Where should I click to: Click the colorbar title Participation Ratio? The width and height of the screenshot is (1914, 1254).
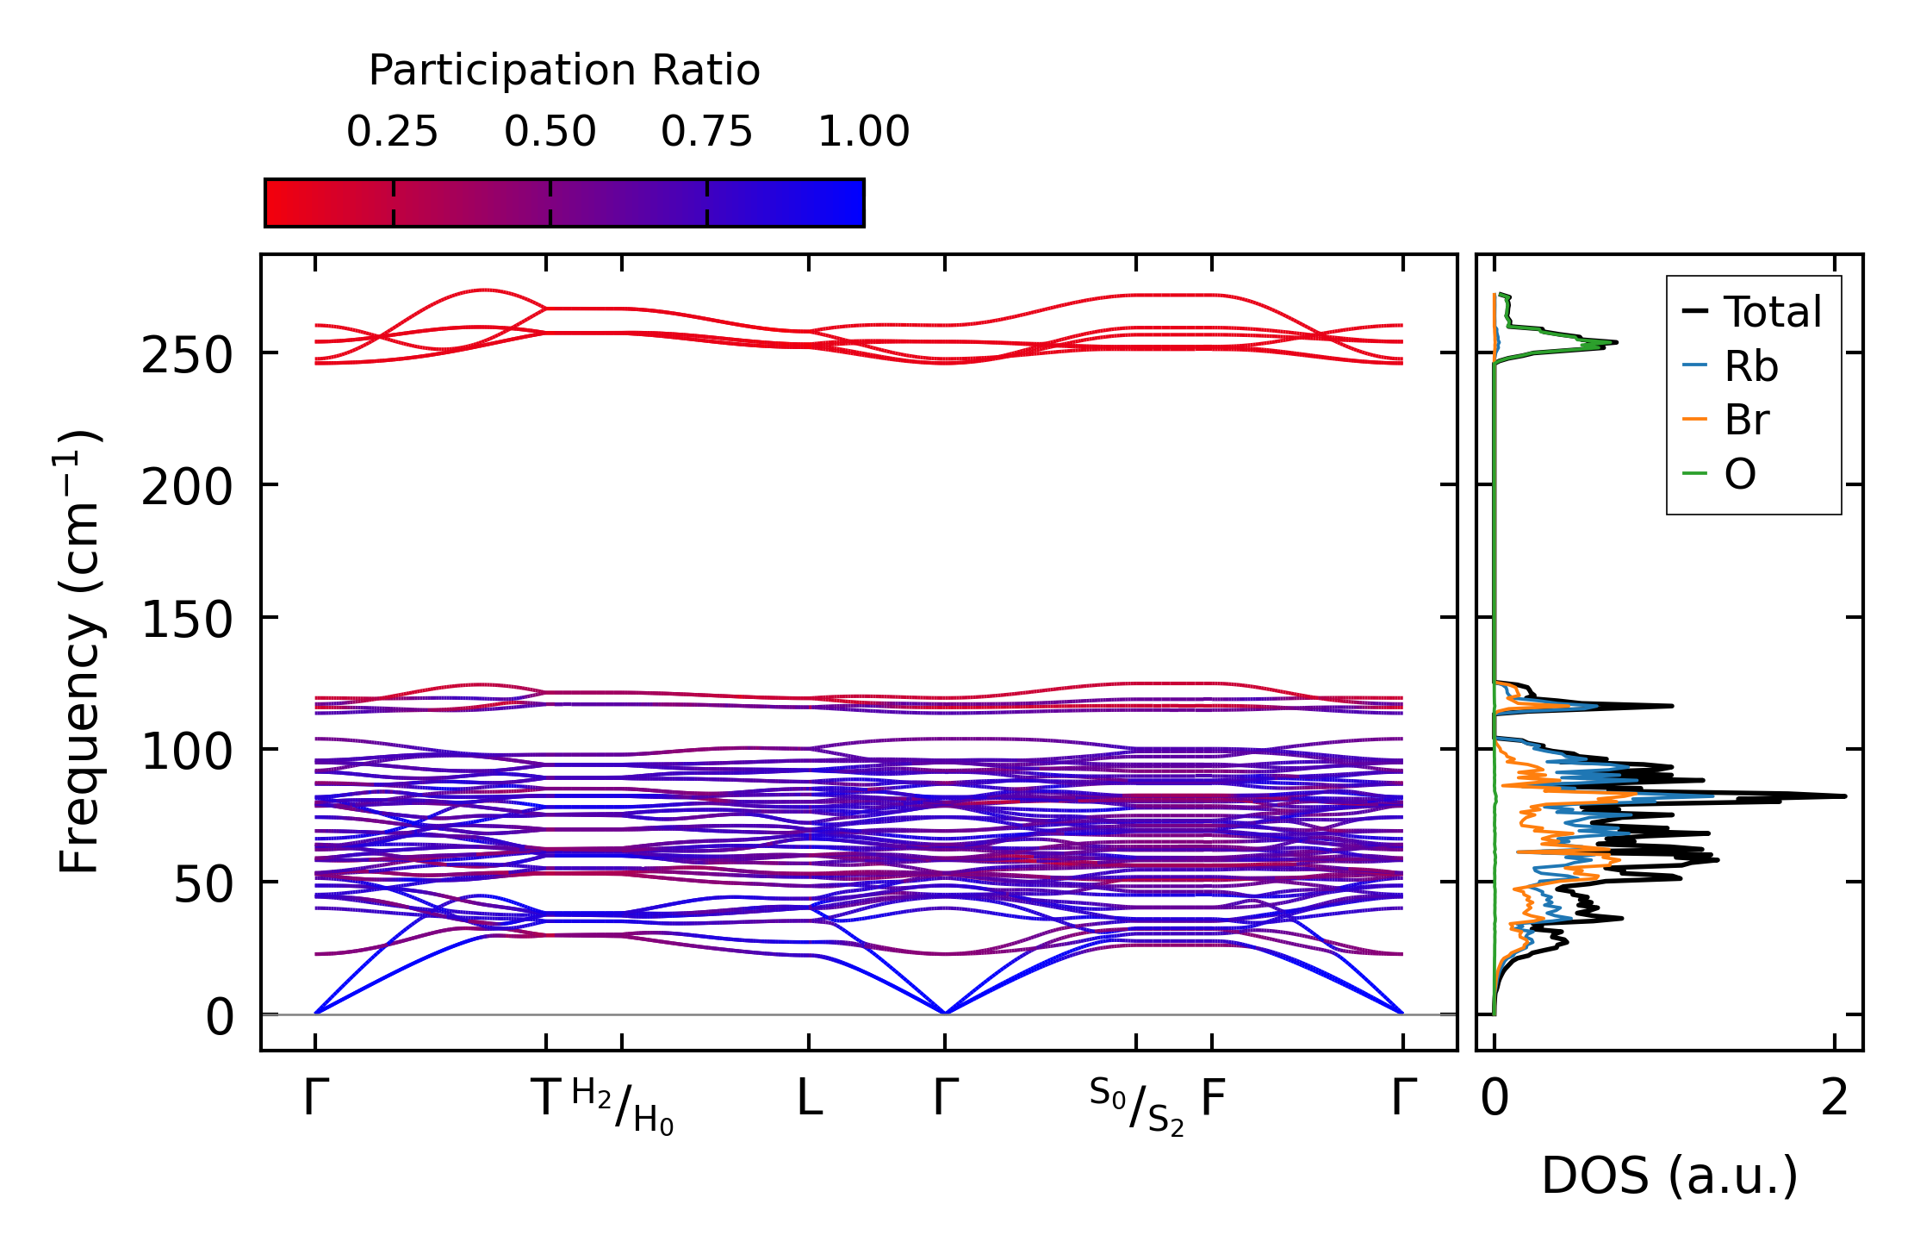564,71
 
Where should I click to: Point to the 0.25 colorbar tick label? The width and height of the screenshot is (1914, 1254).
392,133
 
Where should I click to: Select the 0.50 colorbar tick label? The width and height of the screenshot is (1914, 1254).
550,133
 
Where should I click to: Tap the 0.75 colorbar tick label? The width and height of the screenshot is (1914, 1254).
706,133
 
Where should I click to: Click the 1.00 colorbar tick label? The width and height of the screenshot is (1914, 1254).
863,133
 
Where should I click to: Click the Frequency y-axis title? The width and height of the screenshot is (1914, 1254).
80,652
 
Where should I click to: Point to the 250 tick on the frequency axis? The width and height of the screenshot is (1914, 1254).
187,354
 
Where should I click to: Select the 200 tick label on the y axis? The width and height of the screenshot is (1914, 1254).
187,488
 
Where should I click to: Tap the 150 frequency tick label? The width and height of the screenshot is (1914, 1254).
187,620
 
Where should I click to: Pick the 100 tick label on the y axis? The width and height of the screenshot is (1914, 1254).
187,752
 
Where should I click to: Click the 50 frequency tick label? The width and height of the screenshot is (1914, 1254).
203,884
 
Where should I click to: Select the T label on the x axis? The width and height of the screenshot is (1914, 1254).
546,1099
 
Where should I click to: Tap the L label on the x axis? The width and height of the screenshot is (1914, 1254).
809,1099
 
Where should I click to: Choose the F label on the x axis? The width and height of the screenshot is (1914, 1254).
1213,1099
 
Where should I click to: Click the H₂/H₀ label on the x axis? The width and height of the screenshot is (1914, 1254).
622,1107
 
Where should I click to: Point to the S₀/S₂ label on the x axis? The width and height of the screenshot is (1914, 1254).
1136,1107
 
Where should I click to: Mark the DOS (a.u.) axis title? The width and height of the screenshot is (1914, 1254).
1669,1176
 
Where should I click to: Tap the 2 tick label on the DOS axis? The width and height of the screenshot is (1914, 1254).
1835,1099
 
